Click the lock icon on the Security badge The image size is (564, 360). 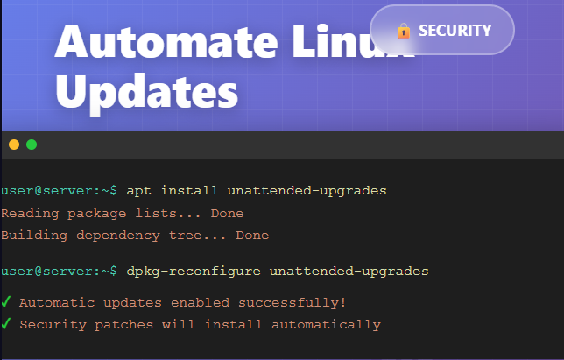tap(403, 31)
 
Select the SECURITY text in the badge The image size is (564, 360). tap(455, 31)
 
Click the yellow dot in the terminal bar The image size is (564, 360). tap(14, 145)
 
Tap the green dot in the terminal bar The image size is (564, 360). tap(32, 145)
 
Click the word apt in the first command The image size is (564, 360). tap(139, 190)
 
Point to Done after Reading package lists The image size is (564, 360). tap(228, 213)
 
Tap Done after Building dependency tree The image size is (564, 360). tap(252, 235)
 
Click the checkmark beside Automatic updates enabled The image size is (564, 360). tap(7, 302)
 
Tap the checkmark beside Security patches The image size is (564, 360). tap(7, 324)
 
